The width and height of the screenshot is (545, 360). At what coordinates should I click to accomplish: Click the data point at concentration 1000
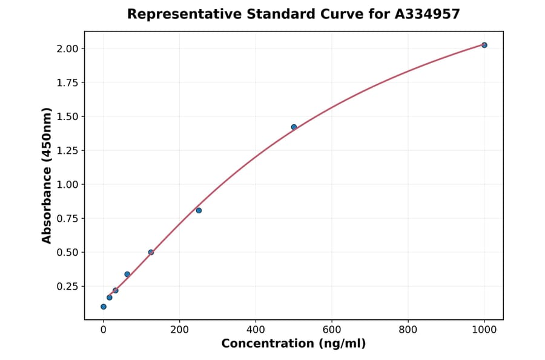[484, 45]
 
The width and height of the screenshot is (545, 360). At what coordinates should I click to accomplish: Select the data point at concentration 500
[294, 127]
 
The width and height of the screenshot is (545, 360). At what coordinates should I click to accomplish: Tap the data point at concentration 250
[199, 210]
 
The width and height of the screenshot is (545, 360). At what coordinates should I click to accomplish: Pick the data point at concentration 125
[151, 252]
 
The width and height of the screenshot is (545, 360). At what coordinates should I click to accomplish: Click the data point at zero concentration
[104, 307]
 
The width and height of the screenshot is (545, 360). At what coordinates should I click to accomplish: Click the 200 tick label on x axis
[179, 330]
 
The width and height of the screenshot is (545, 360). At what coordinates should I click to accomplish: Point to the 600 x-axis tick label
[332, 330]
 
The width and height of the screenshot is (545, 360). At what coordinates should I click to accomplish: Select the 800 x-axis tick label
[408, 330]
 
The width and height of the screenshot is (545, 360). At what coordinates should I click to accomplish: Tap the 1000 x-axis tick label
[484, 330]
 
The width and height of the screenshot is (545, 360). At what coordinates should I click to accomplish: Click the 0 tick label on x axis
[104, 330]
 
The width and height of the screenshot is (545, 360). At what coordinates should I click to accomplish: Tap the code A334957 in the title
[426, 14]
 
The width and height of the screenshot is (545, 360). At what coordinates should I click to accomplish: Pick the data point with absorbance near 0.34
[127, 275]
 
